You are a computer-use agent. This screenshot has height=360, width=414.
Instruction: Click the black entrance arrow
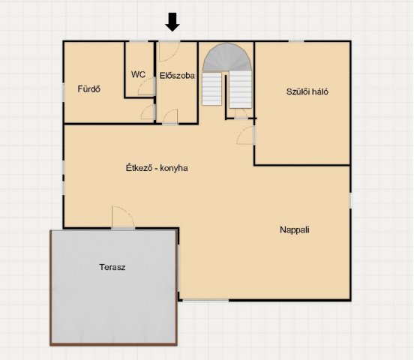point(172,22)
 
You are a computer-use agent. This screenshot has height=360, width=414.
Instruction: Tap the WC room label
point(138,74)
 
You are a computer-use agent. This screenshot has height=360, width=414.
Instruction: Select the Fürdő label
point(89,88)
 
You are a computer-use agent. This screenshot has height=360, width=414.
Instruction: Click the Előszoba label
point(177,76)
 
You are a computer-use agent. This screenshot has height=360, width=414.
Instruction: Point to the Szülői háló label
point(307,91)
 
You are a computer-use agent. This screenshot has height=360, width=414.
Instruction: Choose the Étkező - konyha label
point(157,168)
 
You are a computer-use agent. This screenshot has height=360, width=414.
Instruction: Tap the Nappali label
point(295,229)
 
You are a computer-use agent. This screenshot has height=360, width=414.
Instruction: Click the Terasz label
point(112,267)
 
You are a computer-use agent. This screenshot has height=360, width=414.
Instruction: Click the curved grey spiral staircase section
point(226,57)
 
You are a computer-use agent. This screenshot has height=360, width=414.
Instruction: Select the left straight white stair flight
point(211,88)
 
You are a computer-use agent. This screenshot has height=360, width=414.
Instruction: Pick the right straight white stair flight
point(240,89)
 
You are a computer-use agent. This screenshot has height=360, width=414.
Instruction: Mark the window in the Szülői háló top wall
point(296,41)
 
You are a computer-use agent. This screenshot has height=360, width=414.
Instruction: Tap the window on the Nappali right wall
point(351,200)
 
